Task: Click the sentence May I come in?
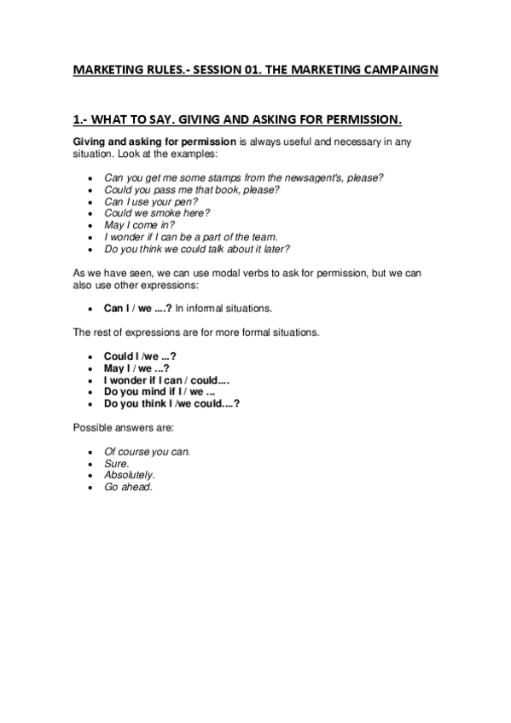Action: click(133, 225)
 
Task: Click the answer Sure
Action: click(116, 463)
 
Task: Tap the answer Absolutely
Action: click(129, 475)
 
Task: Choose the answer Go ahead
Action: click(128, 487)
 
